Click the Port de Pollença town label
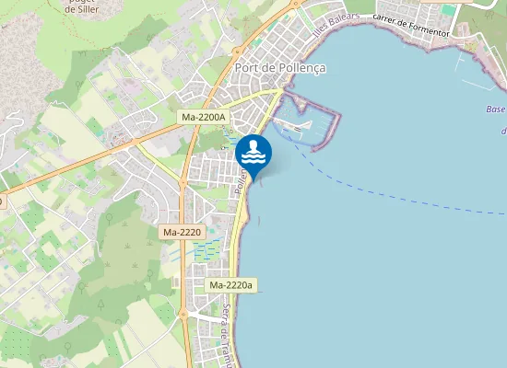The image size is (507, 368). point(280,67)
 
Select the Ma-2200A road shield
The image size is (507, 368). point(204,117)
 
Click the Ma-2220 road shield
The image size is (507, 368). point(182,233)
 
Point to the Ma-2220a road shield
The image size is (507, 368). point(230,285)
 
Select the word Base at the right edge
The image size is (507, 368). point(495,109)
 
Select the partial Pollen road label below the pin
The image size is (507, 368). point(242,179)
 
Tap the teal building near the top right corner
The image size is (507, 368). point(449,10)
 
